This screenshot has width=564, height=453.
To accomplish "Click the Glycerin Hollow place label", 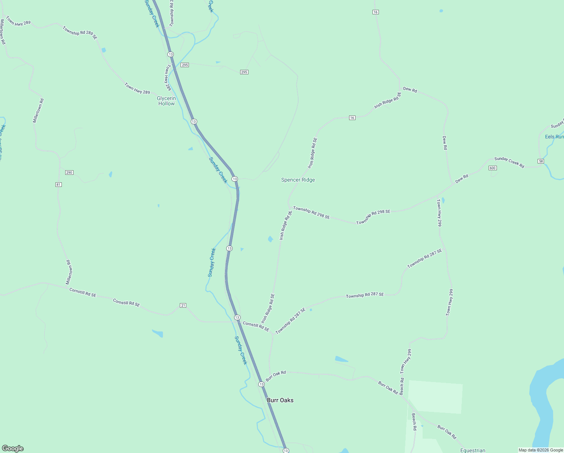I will (x=166, y=101).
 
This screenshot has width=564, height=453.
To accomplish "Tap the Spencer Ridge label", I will (x=298, y=180).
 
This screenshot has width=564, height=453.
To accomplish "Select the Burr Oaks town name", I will (x=280, y=400).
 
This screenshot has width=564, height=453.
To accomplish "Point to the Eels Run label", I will (x=554, y=137).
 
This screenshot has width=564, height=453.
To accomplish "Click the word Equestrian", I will (x=472, y=450).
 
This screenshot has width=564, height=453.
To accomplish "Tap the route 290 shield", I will (x=69, y=173).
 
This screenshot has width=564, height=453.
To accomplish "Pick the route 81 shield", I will (x=58, y=185).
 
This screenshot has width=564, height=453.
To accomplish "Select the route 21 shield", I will (x=183, y=305).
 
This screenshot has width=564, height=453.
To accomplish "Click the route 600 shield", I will (x=492, y=168).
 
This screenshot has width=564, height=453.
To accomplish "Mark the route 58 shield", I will (x=541, y=161).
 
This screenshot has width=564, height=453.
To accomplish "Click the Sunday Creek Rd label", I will (x=509, y=162).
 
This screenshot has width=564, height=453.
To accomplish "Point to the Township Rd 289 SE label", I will (x=80, y=33).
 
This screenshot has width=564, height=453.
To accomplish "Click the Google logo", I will (x=12, y=448).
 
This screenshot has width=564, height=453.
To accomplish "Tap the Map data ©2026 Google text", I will (x=540, y=450).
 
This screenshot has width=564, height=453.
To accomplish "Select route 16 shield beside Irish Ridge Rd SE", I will (x=352, y=118).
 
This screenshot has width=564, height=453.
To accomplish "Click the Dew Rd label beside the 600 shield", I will (x=461, y=179).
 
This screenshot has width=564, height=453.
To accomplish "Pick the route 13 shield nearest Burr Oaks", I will (x=261, y=384).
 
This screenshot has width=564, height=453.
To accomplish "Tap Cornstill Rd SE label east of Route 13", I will (x=256, y=326).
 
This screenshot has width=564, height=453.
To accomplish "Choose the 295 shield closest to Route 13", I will (x=184, y=65).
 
